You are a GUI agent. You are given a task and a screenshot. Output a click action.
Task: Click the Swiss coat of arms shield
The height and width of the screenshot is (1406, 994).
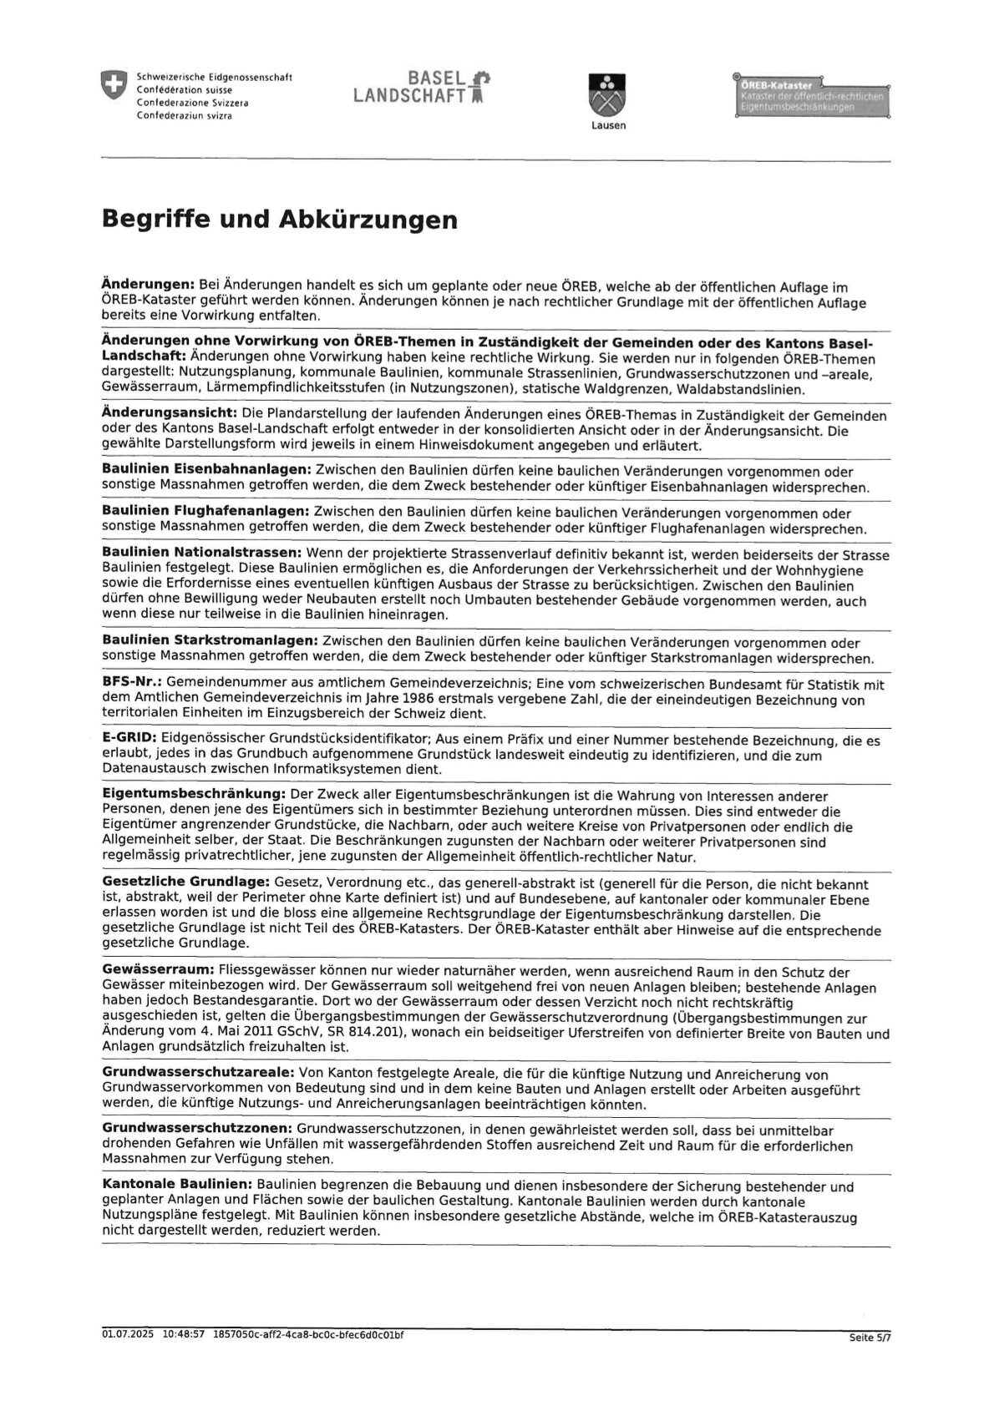[113, 85]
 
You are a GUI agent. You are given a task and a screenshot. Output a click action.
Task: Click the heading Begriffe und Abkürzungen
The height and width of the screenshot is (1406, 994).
[279, 220]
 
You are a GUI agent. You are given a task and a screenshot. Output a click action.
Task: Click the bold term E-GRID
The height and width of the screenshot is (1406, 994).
[129, 740]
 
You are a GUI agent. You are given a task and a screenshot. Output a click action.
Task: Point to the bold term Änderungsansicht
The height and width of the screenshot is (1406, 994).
[170, 413]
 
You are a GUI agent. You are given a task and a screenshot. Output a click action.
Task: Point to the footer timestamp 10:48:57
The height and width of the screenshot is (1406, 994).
[184, 1335]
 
